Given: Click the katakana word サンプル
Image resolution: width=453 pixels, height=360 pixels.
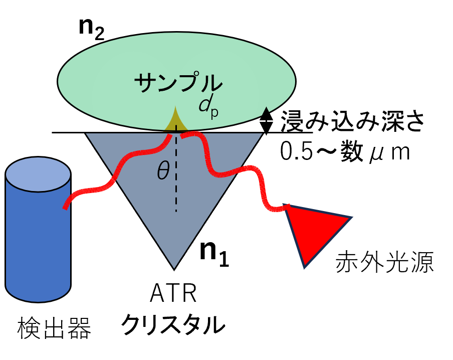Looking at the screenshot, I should tap(178, 83).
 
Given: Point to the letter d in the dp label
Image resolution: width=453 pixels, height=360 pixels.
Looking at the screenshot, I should tap(204, 105).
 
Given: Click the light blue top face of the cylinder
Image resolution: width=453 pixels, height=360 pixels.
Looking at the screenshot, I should tap(38, 174).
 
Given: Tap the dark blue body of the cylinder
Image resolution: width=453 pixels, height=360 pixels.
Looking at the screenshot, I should tap(38, 241).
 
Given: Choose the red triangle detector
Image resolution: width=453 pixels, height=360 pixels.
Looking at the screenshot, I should tap(313, 228).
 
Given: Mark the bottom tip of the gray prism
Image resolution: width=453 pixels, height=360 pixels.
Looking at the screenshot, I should tap(174, 267).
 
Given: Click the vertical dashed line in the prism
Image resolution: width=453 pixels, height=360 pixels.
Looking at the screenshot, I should tap(176, 191).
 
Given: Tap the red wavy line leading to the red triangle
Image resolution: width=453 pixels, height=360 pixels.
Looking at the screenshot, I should tap(236, 170).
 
